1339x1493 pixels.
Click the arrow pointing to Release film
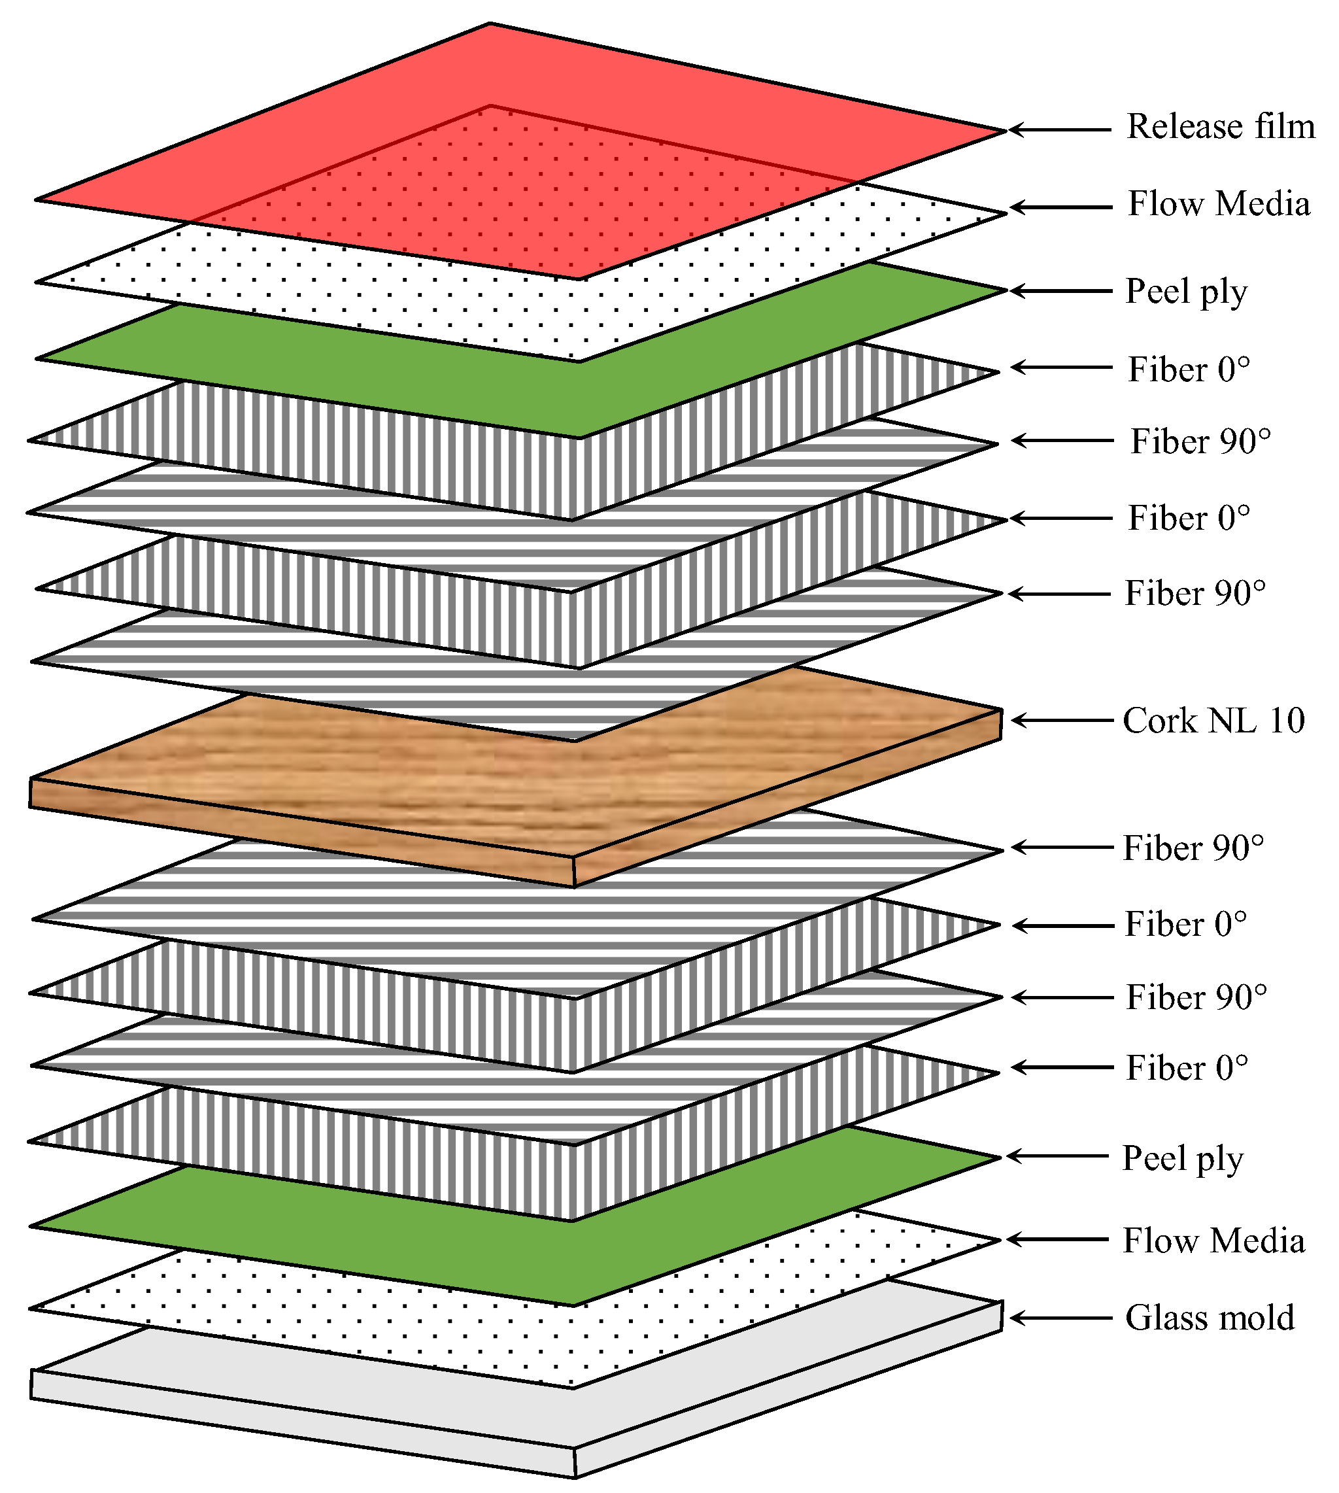[x=1059, y=129]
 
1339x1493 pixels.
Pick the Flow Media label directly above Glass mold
[x=1213, y=1241]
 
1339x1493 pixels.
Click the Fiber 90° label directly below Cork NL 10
[x=1193, y=848]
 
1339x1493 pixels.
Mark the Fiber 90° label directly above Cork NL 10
[x=1195, y=594]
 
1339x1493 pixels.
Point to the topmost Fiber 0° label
[x=1188, y=369]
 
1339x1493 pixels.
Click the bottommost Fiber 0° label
[x=1186, y=1068]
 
